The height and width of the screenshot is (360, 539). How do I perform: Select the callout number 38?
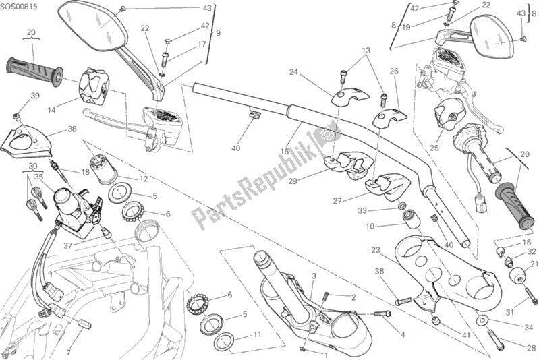(72, 131)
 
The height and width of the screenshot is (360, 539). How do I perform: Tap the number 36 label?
(379, 272)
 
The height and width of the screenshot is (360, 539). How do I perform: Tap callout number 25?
(434, 148)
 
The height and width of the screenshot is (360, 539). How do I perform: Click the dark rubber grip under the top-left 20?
(34, 66)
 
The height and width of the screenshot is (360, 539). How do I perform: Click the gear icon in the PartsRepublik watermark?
(329, 134)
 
